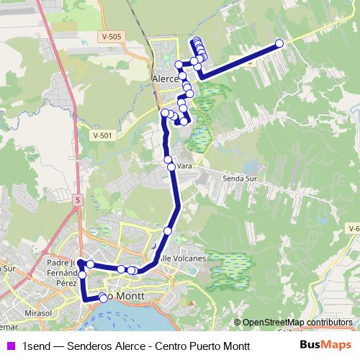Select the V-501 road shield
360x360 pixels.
(x=103, y=135)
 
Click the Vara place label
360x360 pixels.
(x=184, y=166)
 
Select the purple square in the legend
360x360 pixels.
(x=11, y=346)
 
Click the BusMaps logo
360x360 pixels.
(x=325, y=345)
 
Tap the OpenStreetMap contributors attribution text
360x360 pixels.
(x=297, y=322)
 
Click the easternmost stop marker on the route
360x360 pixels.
(x=279, y=44)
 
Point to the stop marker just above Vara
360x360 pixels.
(x=168, y=160)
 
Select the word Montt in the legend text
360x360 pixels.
(x=235, y=346)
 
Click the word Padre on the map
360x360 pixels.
(x=59, y=263)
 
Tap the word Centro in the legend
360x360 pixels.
(x=170, y=346)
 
